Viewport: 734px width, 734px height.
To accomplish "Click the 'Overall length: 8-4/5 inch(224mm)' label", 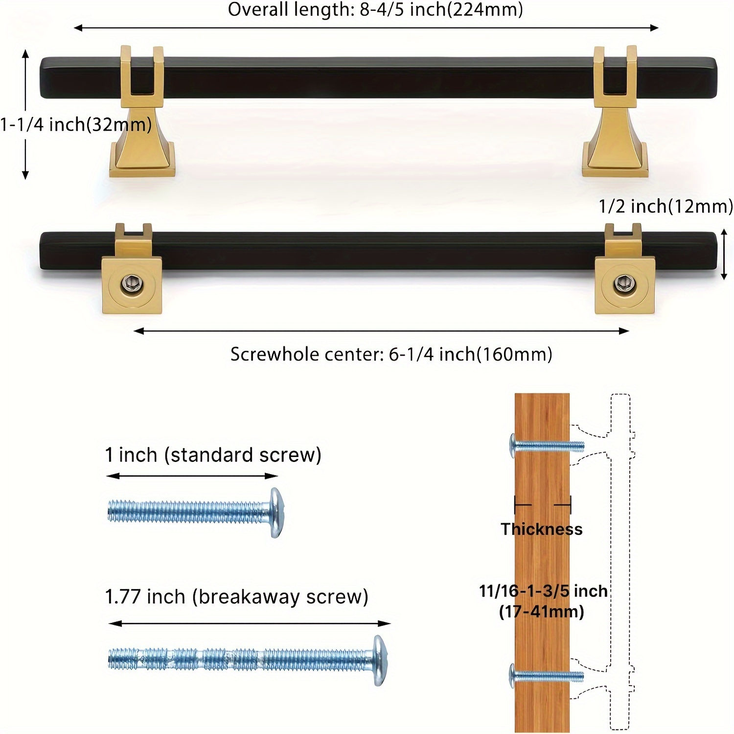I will pos(375,10).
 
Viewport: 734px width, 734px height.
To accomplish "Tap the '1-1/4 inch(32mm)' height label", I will pos(76,125).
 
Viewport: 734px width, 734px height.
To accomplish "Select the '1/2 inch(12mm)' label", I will pos(665,206).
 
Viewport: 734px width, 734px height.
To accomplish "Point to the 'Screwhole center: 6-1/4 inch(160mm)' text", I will pos(391,354).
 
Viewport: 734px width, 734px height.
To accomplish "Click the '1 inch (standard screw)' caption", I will pos(213,455).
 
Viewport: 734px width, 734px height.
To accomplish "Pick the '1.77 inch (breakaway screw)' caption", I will pos(236,597).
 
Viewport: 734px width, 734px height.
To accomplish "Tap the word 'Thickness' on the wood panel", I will pos(541,529).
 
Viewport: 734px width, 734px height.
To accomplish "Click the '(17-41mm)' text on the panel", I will pos(541,612).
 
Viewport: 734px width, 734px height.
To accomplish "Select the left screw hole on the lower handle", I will pos(131,283).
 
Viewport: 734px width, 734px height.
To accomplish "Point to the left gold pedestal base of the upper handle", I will pos(142,147).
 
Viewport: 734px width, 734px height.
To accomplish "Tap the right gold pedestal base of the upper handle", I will pos(615,147).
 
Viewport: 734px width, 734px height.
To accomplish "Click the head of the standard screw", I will pos(276,512).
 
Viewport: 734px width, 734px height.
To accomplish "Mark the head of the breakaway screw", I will pos(379,660).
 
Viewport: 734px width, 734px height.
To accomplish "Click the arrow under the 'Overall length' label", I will pos(366,28).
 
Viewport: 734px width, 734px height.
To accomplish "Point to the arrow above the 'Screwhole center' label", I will pos(381,331).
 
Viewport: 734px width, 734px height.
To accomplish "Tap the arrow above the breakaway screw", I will pos(249,623).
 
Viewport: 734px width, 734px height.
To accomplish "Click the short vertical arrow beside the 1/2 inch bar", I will pos(725,255).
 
